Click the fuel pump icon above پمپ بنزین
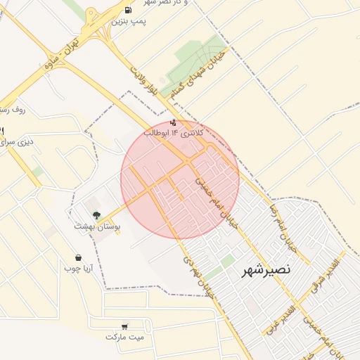click(x=128, y=10)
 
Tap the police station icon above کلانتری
click(x=174, y=122)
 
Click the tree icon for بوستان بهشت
click(x=96, y=216)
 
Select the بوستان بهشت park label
click(x=98, y=227)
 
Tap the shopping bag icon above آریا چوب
click(x=78, y=258)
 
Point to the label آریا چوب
click(x=79, y=269)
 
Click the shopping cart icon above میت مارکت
click(x=124, y=326)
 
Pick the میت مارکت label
click(x=124, y=337)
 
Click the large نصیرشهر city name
click(x=266, y=270)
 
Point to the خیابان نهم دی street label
click(x=198, y=277)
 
